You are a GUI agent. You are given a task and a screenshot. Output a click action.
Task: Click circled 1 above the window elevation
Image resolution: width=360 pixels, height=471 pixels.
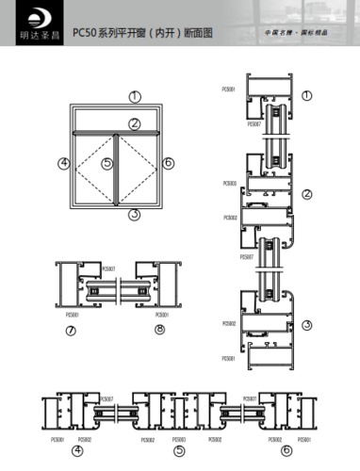click(x=135, y=97)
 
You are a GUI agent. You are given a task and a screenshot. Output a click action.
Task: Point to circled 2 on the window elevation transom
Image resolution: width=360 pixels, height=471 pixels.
click(x=135, y=123)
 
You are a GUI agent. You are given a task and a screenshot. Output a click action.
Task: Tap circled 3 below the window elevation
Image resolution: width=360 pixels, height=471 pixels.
click(x=135, y=215)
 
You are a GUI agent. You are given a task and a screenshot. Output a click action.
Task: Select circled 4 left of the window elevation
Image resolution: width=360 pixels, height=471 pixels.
click(x=64, y=164)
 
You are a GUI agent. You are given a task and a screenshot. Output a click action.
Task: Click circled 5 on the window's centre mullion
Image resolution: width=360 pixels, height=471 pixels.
click(x=107, y=164)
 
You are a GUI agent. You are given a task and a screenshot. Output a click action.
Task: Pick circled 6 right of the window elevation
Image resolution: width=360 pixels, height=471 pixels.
click(x=168, y=164)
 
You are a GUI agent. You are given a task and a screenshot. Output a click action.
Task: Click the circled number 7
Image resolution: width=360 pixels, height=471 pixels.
click(x=71, y=330)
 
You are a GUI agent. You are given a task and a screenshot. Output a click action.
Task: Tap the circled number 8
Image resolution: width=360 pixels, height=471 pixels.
click(x=159, y=330)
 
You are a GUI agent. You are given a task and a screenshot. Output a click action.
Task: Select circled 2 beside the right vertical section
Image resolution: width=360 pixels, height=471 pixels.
click(x=307, y=194)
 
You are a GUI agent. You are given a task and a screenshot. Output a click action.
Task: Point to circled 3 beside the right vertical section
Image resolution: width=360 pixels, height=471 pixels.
click(x=307, y=325)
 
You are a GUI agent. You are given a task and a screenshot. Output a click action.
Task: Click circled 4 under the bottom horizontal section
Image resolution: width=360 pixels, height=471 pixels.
click(x=76, y=450)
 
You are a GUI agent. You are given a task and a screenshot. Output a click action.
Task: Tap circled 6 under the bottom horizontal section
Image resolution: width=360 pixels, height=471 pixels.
click(x=286, y=450)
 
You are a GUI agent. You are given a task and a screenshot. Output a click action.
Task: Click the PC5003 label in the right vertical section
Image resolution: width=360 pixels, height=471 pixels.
click(x=230, y=184)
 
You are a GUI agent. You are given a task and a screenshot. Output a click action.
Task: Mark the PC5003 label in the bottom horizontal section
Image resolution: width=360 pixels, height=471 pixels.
click(x=179, y=439)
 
